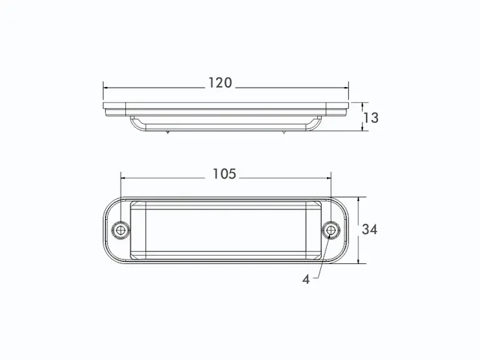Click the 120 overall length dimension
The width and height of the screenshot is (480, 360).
click(220, 83)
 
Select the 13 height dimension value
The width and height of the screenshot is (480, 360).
click(370, 117)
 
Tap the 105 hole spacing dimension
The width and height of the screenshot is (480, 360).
click(223, 174)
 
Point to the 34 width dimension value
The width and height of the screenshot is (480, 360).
click(370, 229)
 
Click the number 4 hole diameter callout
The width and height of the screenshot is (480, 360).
click(306, 279)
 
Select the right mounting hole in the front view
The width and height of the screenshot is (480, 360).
click(331, 229)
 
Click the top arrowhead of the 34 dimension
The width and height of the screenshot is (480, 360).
click(359, 199)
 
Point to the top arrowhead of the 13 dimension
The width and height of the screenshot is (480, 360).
click(363, 105)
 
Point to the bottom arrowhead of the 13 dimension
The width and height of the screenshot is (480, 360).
click(363, 128)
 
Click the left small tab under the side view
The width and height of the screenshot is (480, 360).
click(168, 133)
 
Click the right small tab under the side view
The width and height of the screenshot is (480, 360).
click(284, 133)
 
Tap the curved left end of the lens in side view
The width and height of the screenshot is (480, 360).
click(133, 123)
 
